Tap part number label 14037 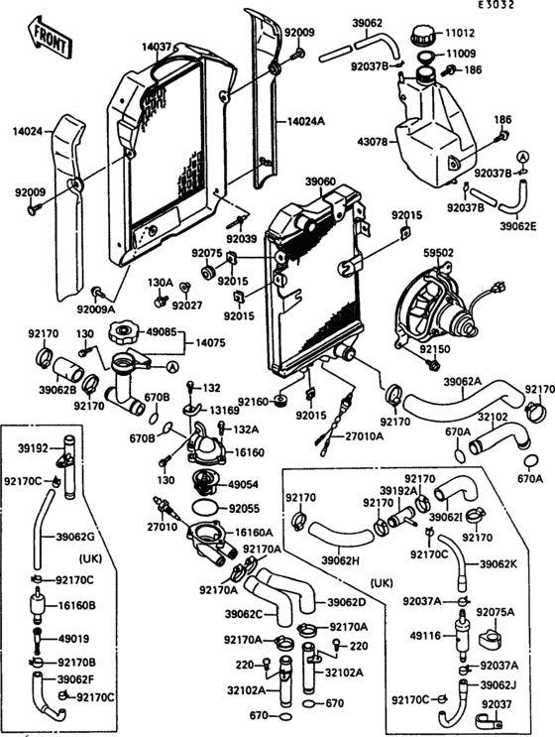[x=157, y=46]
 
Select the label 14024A [x=308, y=121]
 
